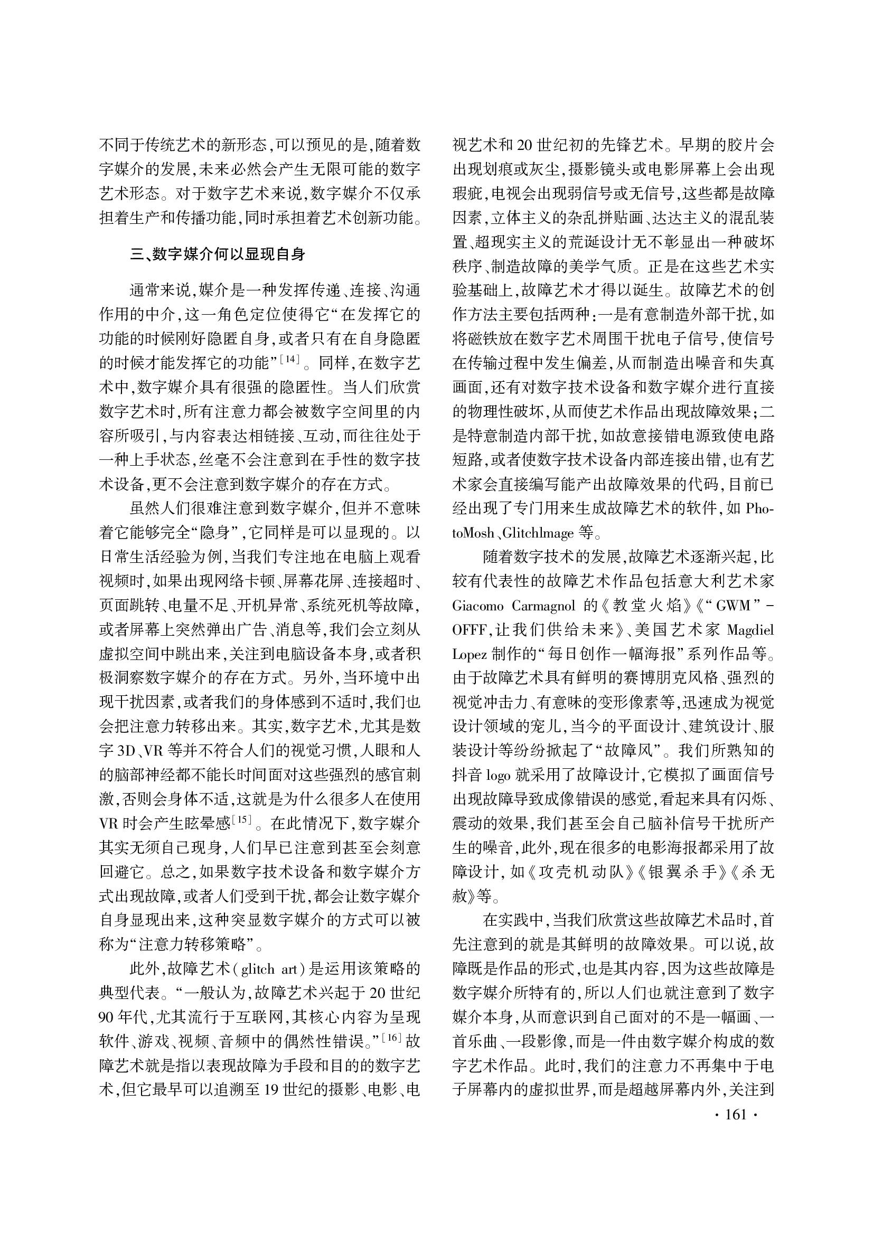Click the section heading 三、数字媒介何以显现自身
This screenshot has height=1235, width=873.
coord(218,254)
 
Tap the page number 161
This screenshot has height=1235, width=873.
coord(736,1114)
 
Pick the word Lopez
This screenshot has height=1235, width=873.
coord(469,654)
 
